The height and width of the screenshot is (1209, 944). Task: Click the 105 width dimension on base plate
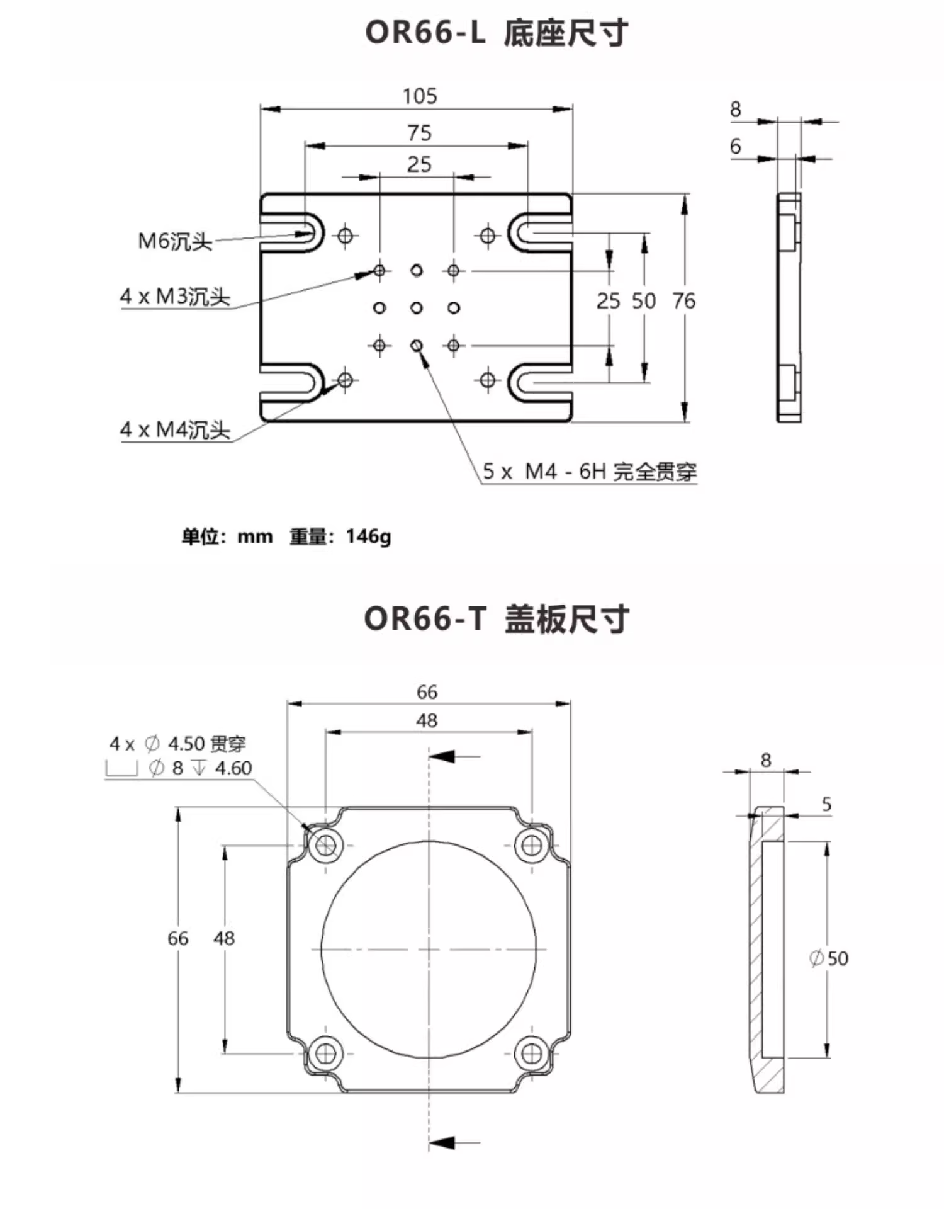pyautogui.click(x=420, y=96)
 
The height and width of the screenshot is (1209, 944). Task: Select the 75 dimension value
pyautogui.click(x=419, y=133)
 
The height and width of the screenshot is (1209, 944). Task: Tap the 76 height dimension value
pyautogui.click(x=683, y=301)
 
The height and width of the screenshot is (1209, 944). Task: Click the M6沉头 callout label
pyautogui.click(x=175, y=241)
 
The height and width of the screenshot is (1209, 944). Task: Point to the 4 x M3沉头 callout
pyautogui.click(x=175, y=296)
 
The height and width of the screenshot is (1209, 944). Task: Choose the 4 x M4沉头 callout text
pyautogui.click(x=175, y=429)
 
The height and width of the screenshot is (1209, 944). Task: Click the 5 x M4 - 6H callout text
pyautogui.click(x=589, y=471)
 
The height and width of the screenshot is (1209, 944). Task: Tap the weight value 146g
pyautogui.click(x=368, y=536)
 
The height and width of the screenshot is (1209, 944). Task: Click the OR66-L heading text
pyautogui.click(x=425, y=32)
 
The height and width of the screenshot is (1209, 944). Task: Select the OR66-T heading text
pyautogui.click(x=425, y=618)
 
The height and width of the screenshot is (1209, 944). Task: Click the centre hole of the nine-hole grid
pyautogui.click(x=417, y=308)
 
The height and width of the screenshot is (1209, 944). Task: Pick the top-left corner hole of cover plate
pyautogui.click(x=326, y=844)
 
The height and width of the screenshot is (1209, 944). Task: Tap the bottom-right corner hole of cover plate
pyautogui.click(x=532, y=1053)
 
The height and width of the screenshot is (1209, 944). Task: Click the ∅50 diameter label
pyautogui.click(x=829, y=958)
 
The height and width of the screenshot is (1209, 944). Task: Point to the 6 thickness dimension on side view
pyautogui.click(x=735, y=147)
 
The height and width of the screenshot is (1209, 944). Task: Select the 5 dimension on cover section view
pyautogui.click(x=826, y=804)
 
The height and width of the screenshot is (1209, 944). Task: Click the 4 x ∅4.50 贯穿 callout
pyautogui.click(x=177, y=744)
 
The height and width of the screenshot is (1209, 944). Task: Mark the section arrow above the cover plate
pyautogui.click(x=442, y=756)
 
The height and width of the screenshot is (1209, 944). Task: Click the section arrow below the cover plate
pyautogui.click(x=442, y=1142)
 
